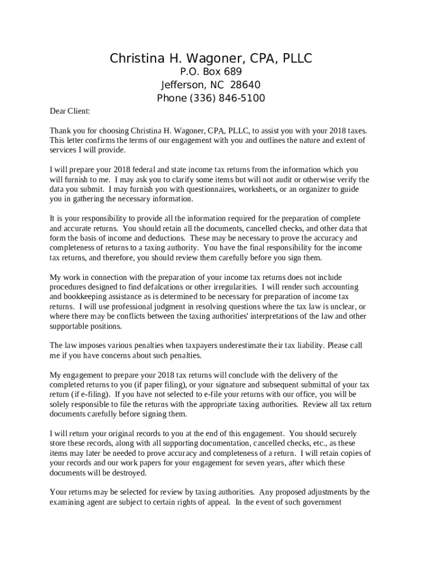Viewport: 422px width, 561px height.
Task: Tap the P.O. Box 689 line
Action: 211,72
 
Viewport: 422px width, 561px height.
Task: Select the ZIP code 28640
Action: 246,85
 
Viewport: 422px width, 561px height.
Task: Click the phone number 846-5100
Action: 242,98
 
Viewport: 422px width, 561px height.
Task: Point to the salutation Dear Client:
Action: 70,111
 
